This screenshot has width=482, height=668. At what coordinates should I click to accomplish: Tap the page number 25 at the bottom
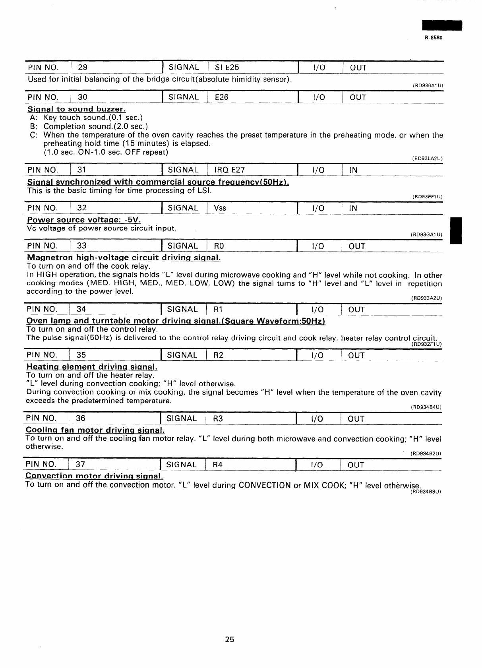[230, 639]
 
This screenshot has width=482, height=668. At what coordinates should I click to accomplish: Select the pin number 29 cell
[83, 68]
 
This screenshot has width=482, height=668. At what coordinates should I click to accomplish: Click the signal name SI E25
[227, 68]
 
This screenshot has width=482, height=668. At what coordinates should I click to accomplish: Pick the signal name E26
[221, 97]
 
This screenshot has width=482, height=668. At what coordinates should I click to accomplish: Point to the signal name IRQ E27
[230, 170]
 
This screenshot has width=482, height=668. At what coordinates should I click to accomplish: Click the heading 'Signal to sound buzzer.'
[76, 109]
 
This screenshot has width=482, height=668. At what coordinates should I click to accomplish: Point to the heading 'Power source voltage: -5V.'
[84, 220]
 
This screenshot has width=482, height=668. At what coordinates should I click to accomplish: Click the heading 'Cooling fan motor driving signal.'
[95, 430]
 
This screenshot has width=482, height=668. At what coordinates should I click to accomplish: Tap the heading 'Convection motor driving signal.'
[94, 476]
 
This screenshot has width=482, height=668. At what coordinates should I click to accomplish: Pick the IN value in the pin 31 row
[353, 170]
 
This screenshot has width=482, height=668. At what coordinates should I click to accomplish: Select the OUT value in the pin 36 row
[356, 418]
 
